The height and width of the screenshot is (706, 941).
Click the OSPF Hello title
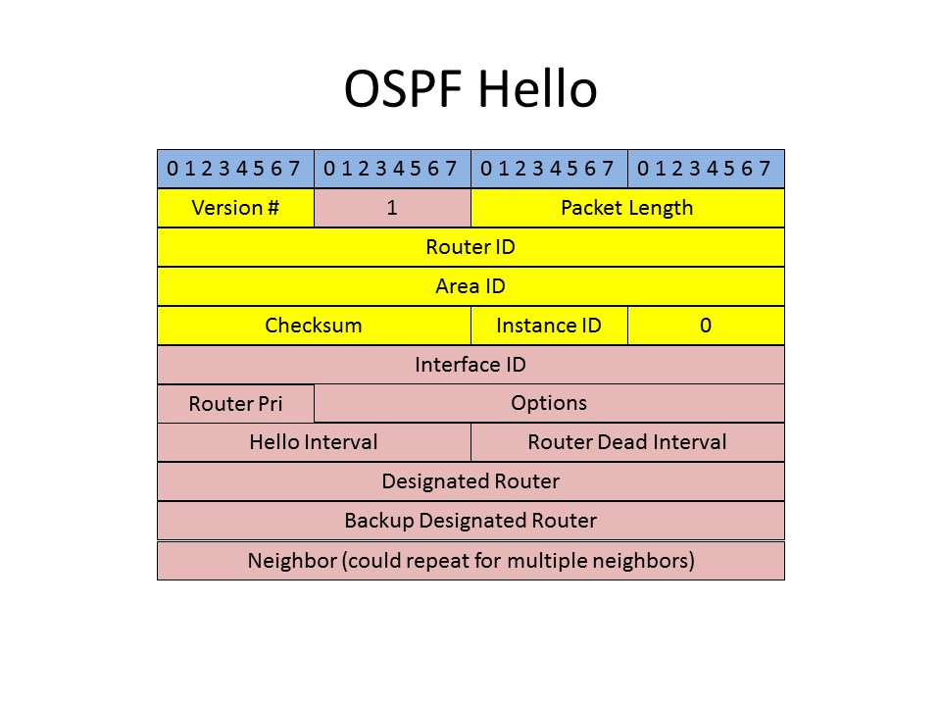click(x=470, y=89)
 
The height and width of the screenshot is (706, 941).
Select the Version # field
click(x=236, y=208)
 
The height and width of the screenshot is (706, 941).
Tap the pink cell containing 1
click(x=392, y=208)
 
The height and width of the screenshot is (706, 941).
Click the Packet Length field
click(x=627, y=208)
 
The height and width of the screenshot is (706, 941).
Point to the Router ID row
click(x=471, y=247)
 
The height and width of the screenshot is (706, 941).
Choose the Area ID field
click(x=471, y=285)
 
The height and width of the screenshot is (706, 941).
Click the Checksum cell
click(x=315, y=326)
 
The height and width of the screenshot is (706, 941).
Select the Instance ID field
click(x=549, y=326)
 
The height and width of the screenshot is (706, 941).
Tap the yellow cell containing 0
click(x=707, y=326)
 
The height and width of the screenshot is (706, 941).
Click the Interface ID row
click(x=471, y=365)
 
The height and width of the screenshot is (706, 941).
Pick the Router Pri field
click(x=236, y=403)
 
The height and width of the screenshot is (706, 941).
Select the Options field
click(x=549, y=403)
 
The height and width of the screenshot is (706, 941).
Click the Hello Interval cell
click(x=315, y=442)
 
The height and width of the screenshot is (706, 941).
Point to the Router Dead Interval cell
click(x=627, y=442)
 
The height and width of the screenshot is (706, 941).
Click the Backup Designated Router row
click(x=471, y=521)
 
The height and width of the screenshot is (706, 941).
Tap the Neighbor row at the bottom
click(x=471, y=561)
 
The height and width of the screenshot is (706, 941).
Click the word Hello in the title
click(x=538, y=89)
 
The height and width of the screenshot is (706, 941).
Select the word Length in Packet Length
click(x=662, y=208)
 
